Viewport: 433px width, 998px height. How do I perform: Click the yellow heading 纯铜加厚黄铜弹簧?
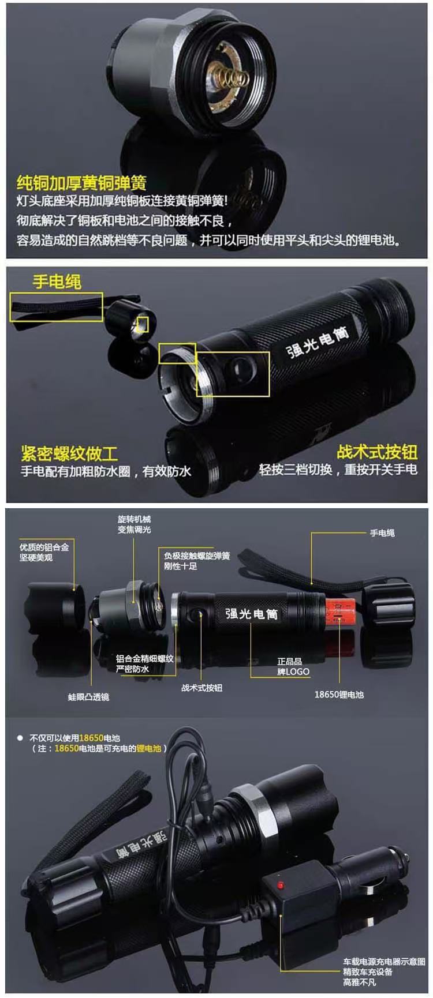pos(81,183)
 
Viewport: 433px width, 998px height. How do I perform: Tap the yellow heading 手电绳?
pos(57,282)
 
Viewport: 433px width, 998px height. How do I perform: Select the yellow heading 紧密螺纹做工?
pos(69,453)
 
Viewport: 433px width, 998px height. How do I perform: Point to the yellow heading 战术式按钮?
pos(377,452)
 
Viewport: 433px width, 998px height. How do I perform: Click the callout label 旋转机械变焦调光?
pos(134,524)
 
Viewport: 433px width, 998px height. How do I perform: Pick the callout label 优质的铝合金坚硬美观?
pos(44,552)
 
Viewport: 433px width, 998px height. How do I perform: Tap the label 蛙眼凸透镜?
pos(88,697)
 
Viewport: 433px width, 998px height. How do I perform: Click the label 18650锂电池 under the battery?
pos(339,695)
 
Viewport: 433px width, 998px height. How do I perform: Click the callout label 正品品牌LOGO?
pos(293,666)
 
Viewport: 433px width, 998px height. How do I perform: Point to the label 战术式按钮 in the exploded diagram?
pos(201,688)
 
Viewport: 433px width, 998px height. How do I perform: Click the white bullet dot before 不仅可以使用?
pos(20,738)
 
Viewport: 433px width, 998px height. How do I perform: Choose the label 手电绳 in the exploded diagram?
pos(382,533)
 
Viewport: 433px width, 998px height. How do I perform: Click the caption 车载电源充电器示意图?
pos(384,962)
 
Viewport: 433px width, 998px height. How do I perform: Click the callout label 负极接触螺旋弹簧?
pos(197,556)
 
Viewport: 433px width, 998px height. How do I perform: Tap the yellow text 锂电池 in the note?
pos(148,748)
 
